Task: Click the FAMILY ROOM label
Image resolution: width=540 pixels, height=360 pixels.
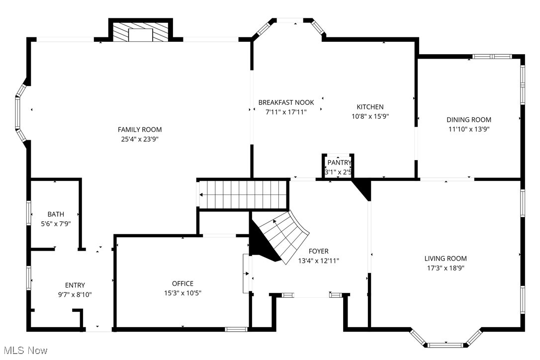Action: (139, 130)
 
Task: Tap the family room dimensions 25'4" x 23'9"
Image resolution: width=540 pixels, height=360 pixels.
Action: (139, 139)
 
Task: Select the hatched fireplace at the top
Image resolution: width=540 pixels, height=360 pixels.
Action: (140, 33)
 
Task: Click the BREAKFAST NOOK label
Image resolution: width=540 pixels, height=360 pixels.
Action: (286, 102)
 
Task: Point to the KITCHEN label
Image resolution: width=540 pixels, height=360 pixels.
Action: (370, 107)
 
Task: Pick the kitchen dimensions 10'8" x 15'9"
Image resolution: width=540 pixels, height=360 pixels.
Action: (370, 117)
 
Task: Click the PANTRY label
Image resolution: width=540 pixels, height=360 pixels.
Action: (339, 163)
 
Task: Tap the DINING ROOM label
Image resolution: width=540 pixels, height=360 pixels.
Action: (468, 119)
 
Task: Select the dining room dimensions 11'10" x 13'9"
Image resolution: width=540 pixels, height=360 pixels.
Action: (468, 129)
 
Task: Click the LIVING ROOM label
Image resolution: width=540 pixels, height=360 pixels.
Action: (446, 259)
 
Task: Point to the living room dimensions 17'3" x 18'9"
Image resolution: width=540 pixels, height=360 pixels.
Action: (446, 268)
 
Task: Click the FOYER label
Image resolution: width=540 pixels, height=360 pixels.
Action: (318, 251)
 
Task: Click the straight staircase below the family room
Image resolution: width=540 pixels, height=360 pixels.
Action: (244, 194)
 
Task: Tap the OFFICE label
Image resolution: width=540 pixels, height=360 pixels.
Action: (182, 283)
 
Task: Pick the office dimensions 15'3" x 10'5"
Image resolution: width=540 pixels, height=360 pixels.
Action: (182, 293)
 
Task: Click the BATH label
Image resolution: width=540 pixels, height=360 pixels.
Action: (56, 214)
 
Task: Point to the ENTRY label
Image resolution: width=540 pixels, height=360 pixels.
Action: (75, 285)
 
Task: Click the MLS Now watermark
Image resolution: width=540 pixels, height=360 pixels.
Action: (24, 351)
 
